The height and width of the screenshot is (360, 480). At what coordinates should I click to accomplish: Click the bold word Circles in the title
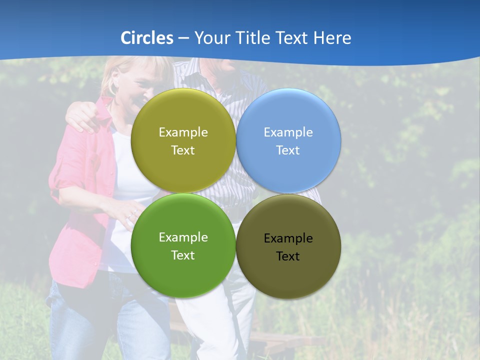tap(147, 38)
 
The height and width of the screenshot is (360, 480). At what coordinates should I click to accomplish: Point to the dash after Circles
tap(183, 38)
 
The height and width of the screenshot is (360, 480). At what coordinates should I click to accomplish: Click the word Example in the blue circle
tap(288, 132)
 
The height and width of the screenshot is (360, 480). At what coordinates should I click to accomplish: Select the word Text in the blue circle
tap(288, 150)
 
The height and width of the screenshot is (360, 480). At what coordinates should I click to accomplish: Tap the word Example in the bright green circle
tap(183, 237)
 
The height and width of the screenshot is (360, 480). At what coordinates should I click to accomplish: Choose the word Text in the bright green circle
tap(183, 255)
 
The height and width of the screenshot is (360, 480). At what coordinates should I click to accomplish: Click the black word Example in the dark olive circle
tap(288, 238)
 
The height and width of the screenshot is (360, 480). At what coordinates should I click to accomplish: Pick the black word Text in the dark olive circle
tap(288, 256)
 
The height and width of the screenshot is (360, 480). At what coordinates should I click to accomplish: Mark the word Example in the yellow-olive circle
tap(183, 132)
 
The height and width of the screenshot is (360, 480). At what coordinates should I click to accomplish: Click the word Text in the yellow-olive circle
tap(183, 150)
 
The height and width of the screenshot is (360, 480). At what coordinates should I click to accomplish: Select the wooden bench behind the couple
tap(280, 340)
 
